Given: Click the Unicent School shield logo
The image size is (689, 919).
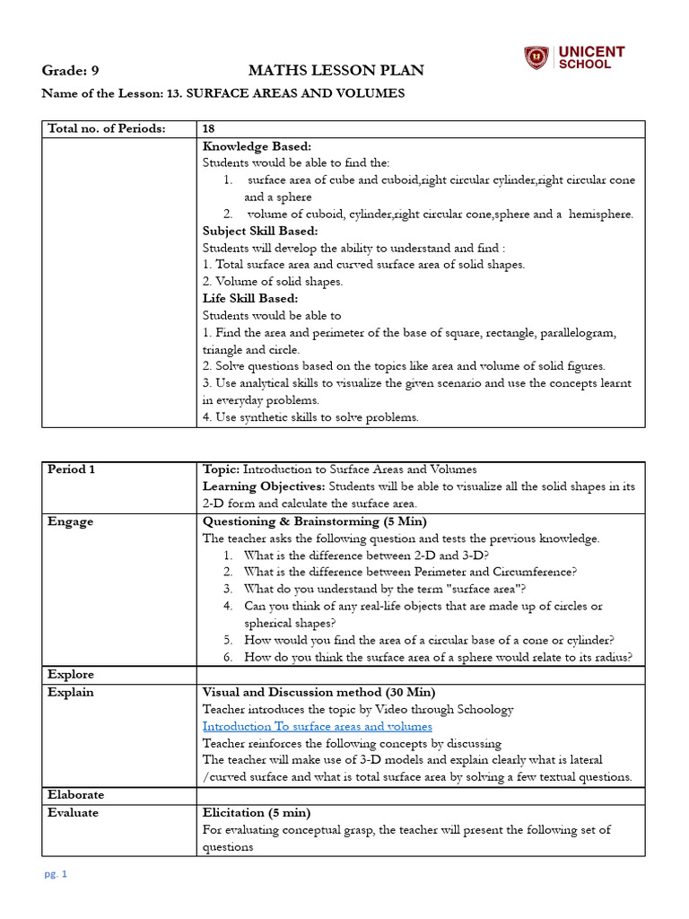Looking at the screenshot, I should [x=536, y=58].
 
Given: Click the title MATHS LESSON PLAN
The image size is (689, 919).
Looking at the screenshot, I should [x=336, y=71].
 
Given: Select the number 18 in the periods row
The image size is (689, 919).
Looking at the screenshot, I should [x=209, y=128].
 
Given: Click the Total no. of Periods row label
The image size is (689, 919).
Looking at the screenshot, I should [x=106, y=128].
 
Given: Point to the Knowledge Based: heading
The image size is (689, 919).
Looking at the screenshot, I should [x=257, y=146].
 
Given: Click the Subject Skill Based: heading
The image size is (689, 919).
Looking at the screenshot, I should [x=260, y=231].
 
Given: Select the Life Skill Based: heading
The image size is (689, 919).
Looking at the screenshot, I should [x=250, y=299].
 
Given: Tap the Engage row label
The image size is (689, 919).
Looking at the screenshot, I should [x=70, y=521].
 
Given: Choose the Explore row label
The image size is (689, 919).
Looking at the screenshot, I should [x=71, y=675].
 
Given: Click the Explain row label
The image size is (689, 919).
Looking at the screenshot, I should [x=71, y=693].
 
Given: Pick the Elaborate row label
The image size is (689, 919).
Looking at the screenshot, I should [x=75, y=795].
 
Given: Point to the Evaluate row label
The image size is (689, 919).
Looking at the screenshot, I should [x=74, y=813].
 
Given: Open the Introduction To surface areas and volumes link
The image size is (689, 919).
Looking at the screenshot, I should [x=317, y=727].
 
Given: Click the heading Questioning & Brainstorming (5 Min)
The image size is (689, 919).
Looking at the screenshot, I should [x=315, y=521].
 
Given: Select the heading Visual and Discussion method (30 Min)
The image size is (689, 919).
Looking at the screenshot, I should [x=318, y=693].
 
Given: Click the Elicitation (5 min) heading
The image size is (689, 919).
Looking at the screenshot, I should [x=257, y=813].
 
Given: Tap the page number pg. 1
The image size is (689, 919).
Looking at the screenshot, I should [x=57, y=874].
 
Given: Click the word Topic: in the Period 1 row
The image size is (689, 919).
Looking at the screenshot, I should [x=221, y=469].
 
